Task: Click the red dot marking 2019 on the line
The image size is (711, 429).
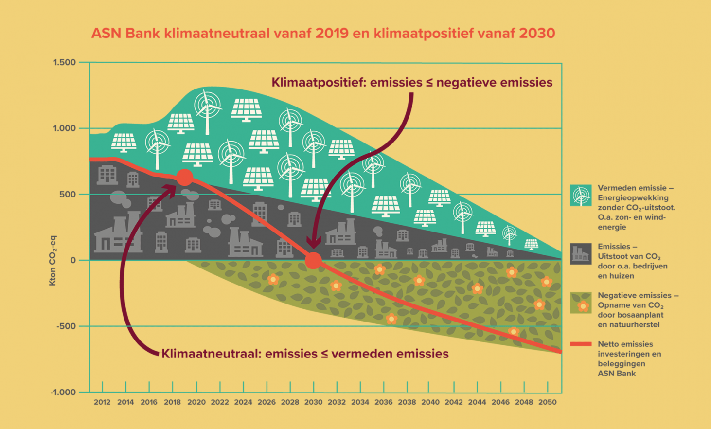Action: click(x=184, y=178)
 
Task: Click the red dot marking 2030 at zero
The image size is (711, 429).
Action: click(x=313, y=261)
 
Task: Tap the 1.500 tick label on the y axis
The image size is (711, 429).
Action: click(x=65, y=62)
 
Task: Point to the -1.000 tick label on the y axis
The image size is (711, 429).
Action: click(x=63, y=393)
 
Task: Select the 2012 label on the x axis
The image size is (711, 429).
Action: click(x=102, y=402)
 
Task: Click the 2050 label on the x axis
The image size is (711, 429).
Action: click(x=548, y=402)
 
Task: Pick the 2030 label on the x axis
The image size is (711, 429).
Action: click(x=313, y=402)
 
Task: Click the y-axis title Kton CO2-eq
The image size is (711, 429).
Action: click(x=53, y=261)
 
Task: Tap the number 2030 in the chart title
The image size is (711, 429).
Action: click(x=537, y=33)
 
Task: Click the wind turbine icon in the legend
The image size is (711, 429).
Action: click(x=581, y=196)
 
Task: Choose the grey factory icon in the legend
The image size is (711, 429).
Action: click(x=581, y=254)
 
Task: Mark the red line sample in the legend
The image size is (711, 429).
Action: click(x=581, y=344)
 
